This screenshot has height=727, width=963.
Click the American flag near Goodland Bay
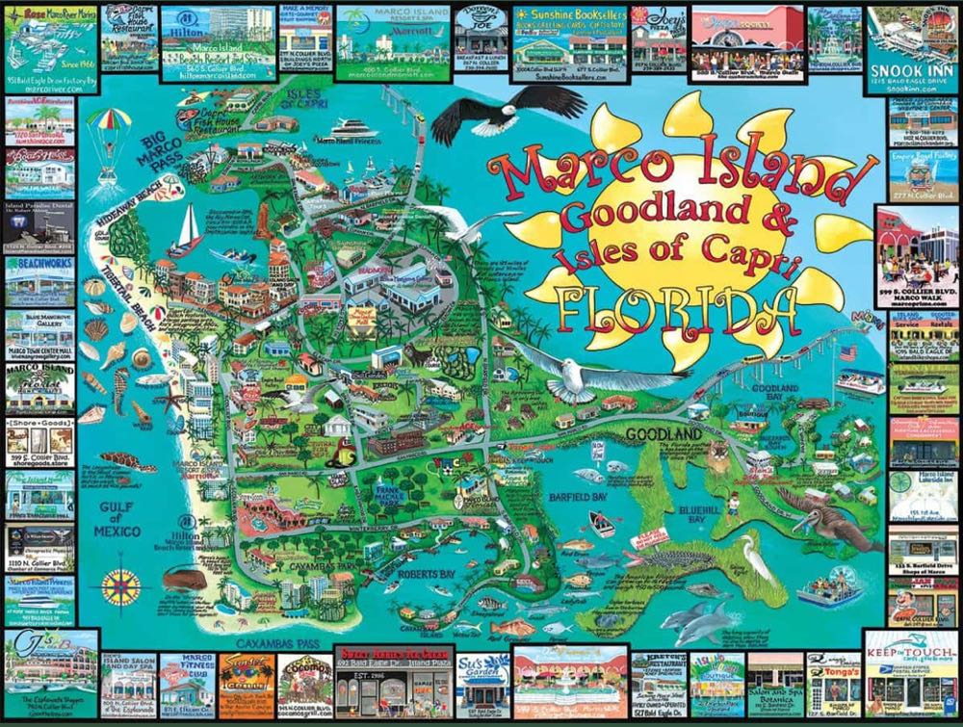pos(847,353)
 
